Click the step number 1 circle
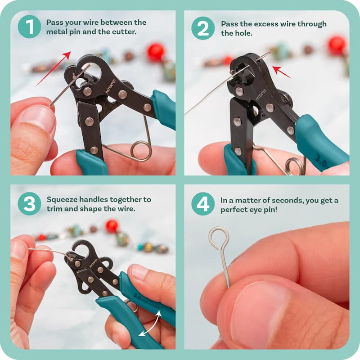[x=29, y=27]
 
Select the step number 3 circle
[x=29, y=203]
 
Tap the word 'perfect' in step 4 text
[x=234, y=210]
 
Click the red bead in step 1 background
[x=155, y=52]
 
